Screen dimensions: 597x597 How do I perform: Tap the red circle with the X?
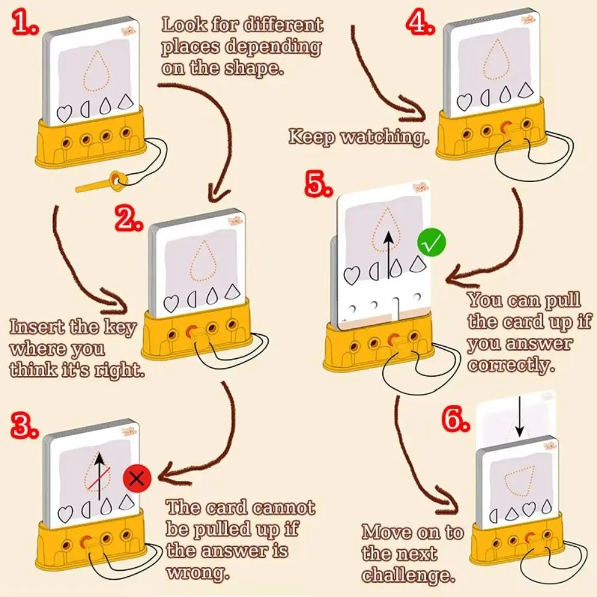137,478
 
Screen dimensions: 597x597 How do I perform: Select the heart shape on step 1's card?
63,113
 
